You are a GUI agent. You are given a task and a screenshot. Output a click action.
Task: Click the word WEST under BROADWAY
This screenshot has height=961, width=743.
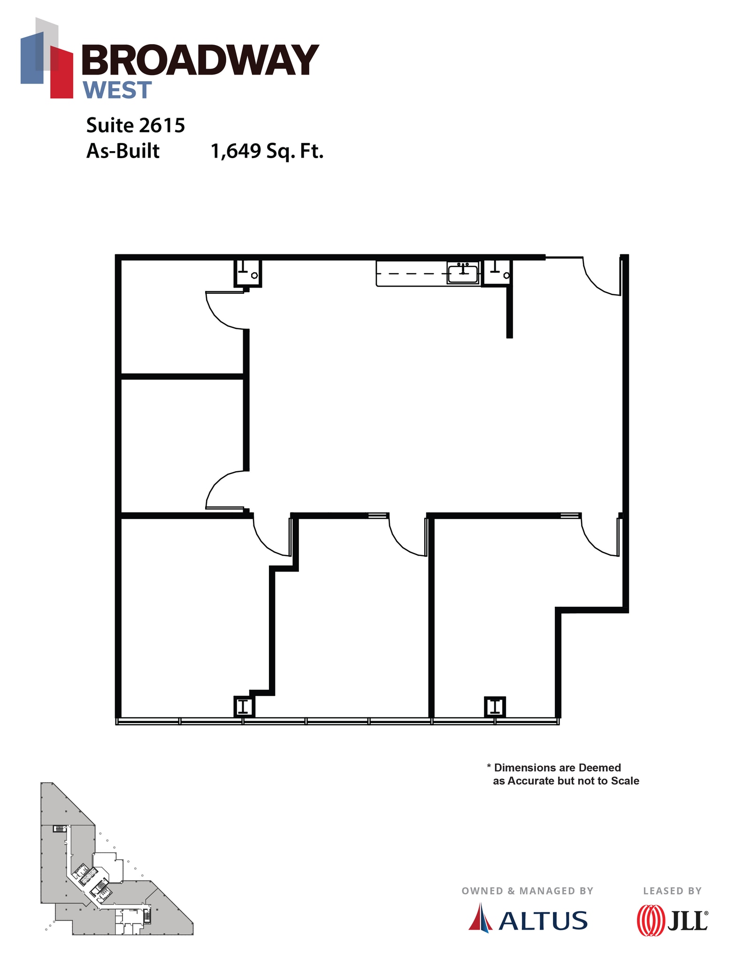pos(117,90)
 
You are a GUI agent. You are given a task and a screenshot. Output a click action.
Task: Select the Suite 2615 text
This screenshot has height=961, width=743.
pos(136,125)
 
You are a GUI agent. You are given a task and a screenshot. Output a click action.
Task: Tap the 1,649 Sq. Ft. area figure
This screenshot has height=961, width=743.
pos(267,151)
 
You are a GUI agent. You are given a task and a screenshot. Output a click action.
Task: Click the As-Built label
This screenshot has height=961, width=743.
pos(123,151)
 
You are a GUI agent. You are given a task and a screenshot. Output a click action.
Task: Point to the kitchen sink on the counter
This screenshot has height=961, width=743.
pos(463,273)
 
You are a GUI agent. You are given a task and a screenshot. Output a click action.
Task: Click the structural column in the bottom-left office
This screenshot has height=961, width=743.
pos(244,707)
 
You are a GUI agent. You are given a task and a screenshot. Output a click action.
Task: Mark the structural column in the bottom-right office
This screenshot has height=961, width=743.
pos(494,707)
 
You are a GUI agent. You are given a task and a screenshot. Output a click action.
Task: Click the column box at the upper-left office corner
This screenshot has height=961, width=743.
pos(247,273)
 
